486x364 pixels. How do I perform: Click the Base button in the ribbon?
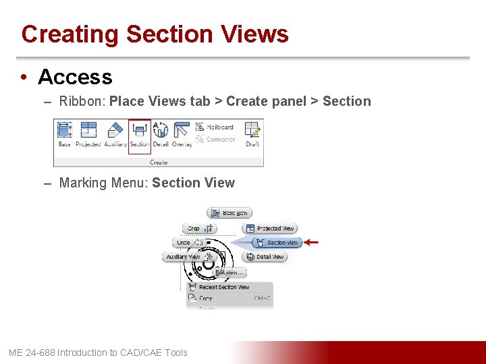(x=65, y=134)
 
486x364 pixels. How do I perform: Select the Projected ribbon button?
(x=88, y=134)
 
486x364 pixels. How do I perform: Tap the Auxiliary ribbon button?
(x=115, y=134)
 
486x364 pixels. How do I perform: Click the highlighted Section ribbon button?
(x=140, y=134)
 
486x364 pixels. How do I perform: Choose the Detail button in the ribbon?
(x=161, y=134)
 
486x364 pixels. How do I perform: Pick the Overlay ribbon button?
(x=182, y=134)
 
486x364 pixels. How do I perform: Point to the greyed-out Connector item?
(x=215, y=140)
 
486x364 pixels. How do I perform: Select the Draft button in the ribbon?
(x=252, y=134)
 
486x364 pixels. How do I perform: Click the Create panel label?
(x=159, y=162)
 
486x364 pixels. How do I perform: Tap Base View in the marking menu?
(x=230, y=213)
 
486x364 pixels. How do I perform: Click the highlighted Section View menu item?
(x=277, y=243)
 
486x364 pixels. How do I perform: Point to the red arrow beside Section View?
(x=311, y=242)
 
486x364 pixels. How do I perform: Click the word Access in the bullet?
(x=75, y=78)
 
